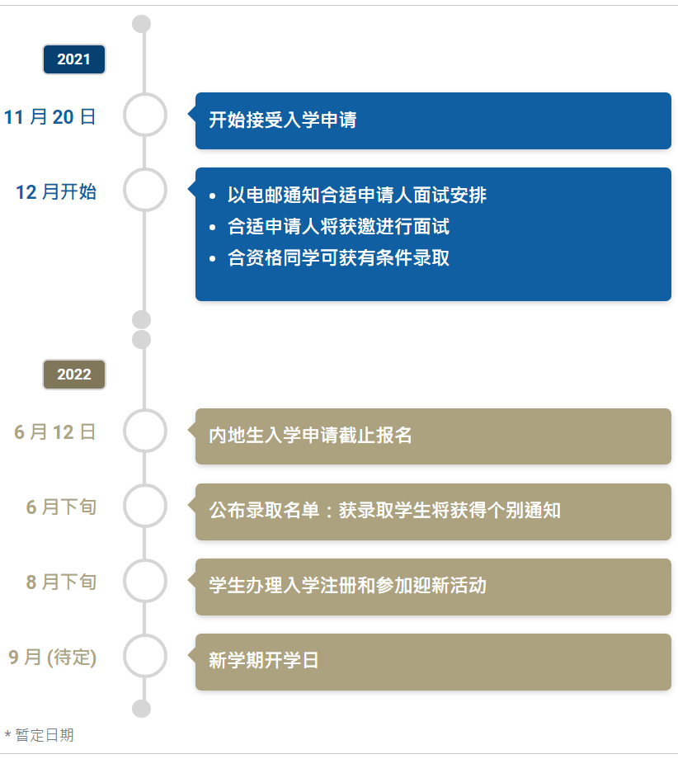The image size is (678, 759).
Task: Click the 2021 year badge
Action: pos(74,59)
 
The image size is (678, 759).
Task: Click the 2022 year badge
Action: pos(74,375)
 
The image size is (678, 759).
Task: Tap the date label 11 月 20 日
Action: pos(50,117)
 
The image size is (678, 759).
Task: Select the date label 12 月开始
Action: pos(56,192)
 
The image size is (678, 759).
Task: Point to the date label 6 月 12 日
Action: pos(55,432)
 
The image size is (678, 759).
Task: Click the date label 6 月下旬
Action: pos(61,507)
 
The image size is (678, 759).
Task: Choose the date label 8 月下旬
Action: pos(61,582)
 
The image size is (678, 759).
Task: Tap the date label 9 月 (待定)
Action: pos(53,658)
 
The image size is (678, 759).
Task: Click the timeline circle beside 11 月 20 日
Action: pos(145,115)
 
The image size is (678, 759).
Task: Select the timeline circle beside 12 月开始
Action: pos(145,190)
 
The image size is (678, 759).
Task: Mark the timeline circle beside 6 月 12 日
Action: pos(145,431)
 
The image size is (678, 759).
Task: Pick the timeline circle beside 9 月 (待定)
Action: pos(145,656)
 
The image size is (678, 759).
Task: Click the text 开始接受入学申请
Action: pos(283,120)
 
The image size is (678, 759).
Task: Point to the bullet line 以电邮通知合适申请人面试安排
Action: pos(357,196)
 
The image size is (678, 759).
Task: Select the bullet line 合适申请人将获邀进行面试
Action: pos(339,227)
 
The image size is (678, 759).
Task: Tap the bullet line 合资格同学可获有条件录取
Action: pos(339,258)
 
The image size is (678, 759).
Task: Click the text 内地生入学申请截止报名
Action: pos(310,436)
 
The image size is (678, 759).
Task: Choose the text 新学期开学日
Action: pos(264,661)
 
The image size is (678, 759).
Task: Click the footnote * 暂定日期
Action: pos(40,735)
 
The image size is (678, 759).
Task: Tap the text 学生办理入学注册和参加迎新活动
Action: pos(347,586)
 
